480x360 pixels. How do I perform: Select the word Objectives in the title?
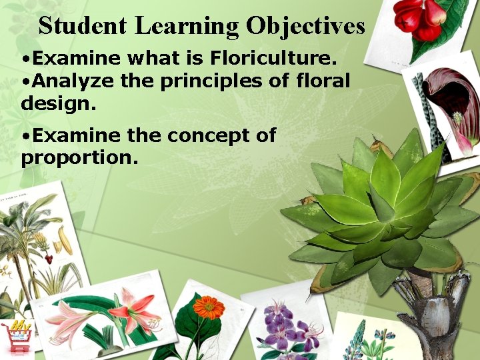tap(305, 26)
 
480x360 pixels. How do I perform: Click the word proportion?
tap(79, 158)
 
